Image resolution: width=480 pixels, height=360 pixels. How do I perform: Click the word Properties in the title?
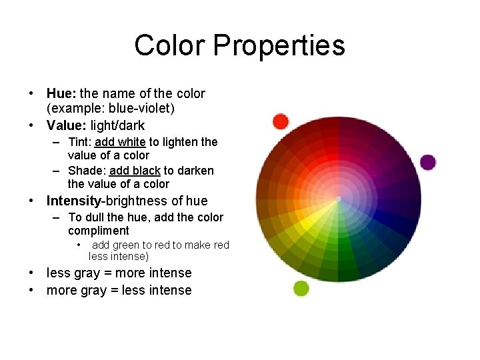[279, 45]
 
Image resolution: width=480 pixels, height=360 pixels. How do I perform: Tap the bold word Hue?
[61, 94]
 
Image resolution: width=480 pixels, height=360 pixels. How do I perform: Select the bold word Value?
[66, 125]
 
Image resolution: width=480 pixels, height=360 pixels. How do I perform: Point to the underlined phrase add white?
[120, 142]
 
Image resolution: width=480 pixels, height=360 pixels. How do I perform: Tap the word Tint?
[79, 142]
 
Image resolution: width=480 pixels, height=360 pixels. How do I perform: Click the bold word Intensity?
[72, 201]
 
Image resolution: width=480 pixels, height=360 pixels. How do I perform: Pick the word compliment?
[98, 231]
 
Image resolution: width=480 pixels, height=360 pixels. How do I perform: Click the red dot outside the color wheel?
[281, 121]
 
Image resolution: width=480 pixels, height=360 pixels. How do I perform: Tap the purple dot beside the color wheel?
[428, 162]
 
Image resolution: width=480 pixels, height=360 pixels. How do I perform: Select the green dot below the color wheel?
[301, 288]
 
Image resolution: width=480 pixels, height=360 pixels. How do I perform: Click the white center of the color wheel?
[339, 199]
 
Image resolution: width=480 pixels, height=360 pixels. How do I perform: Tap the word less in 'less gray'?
[58, 273]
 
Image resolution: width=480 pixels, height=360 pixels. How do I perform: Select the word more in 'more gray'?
[61, 291]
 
